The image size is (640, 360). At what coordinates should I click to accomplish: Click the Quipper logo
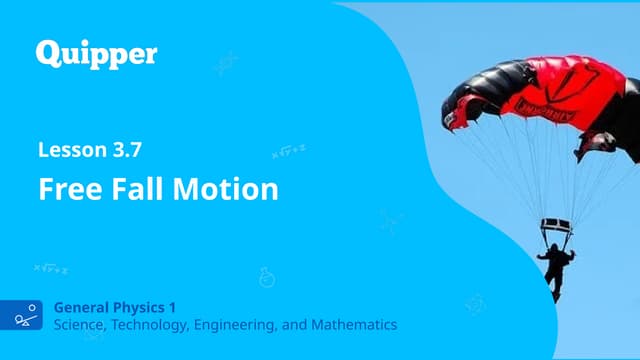click(96, 54)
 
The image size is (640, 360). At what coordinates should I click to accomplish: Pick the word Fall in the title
click(138, 189)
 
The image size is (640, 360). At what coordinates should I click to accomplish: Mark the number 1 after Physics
click(187, 307)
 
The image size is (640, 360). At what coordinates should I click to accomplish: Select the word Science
click(83, 324)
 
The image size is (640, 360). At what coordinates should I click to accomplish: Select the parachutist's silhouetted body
click(553, 266)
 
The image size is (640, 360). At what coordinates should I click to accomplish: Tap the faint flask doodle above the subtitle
click(267, 276)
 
